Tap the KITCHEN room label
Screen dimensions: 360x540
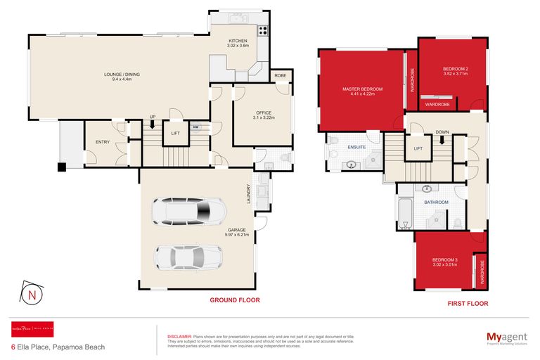pyautogui.click(x=238, y=41)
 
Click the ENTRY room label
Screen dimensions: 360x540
pyautogui.click(x=102, y=143)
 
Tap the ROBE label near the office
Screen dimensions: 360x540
pyautogui.click(x=280, y=75)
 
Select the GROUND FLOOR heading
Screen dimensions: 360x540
pyautogui.click(x=234, y=300)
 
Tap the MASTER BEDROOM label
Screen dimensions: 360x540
pyautogui.click(x=362, y=89)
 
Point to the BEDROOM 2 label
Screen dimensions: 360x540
pyautogui.click(x=456, y=68)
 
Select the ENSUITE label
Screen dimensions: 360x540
pyautogui.click(x=356, y=148)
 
